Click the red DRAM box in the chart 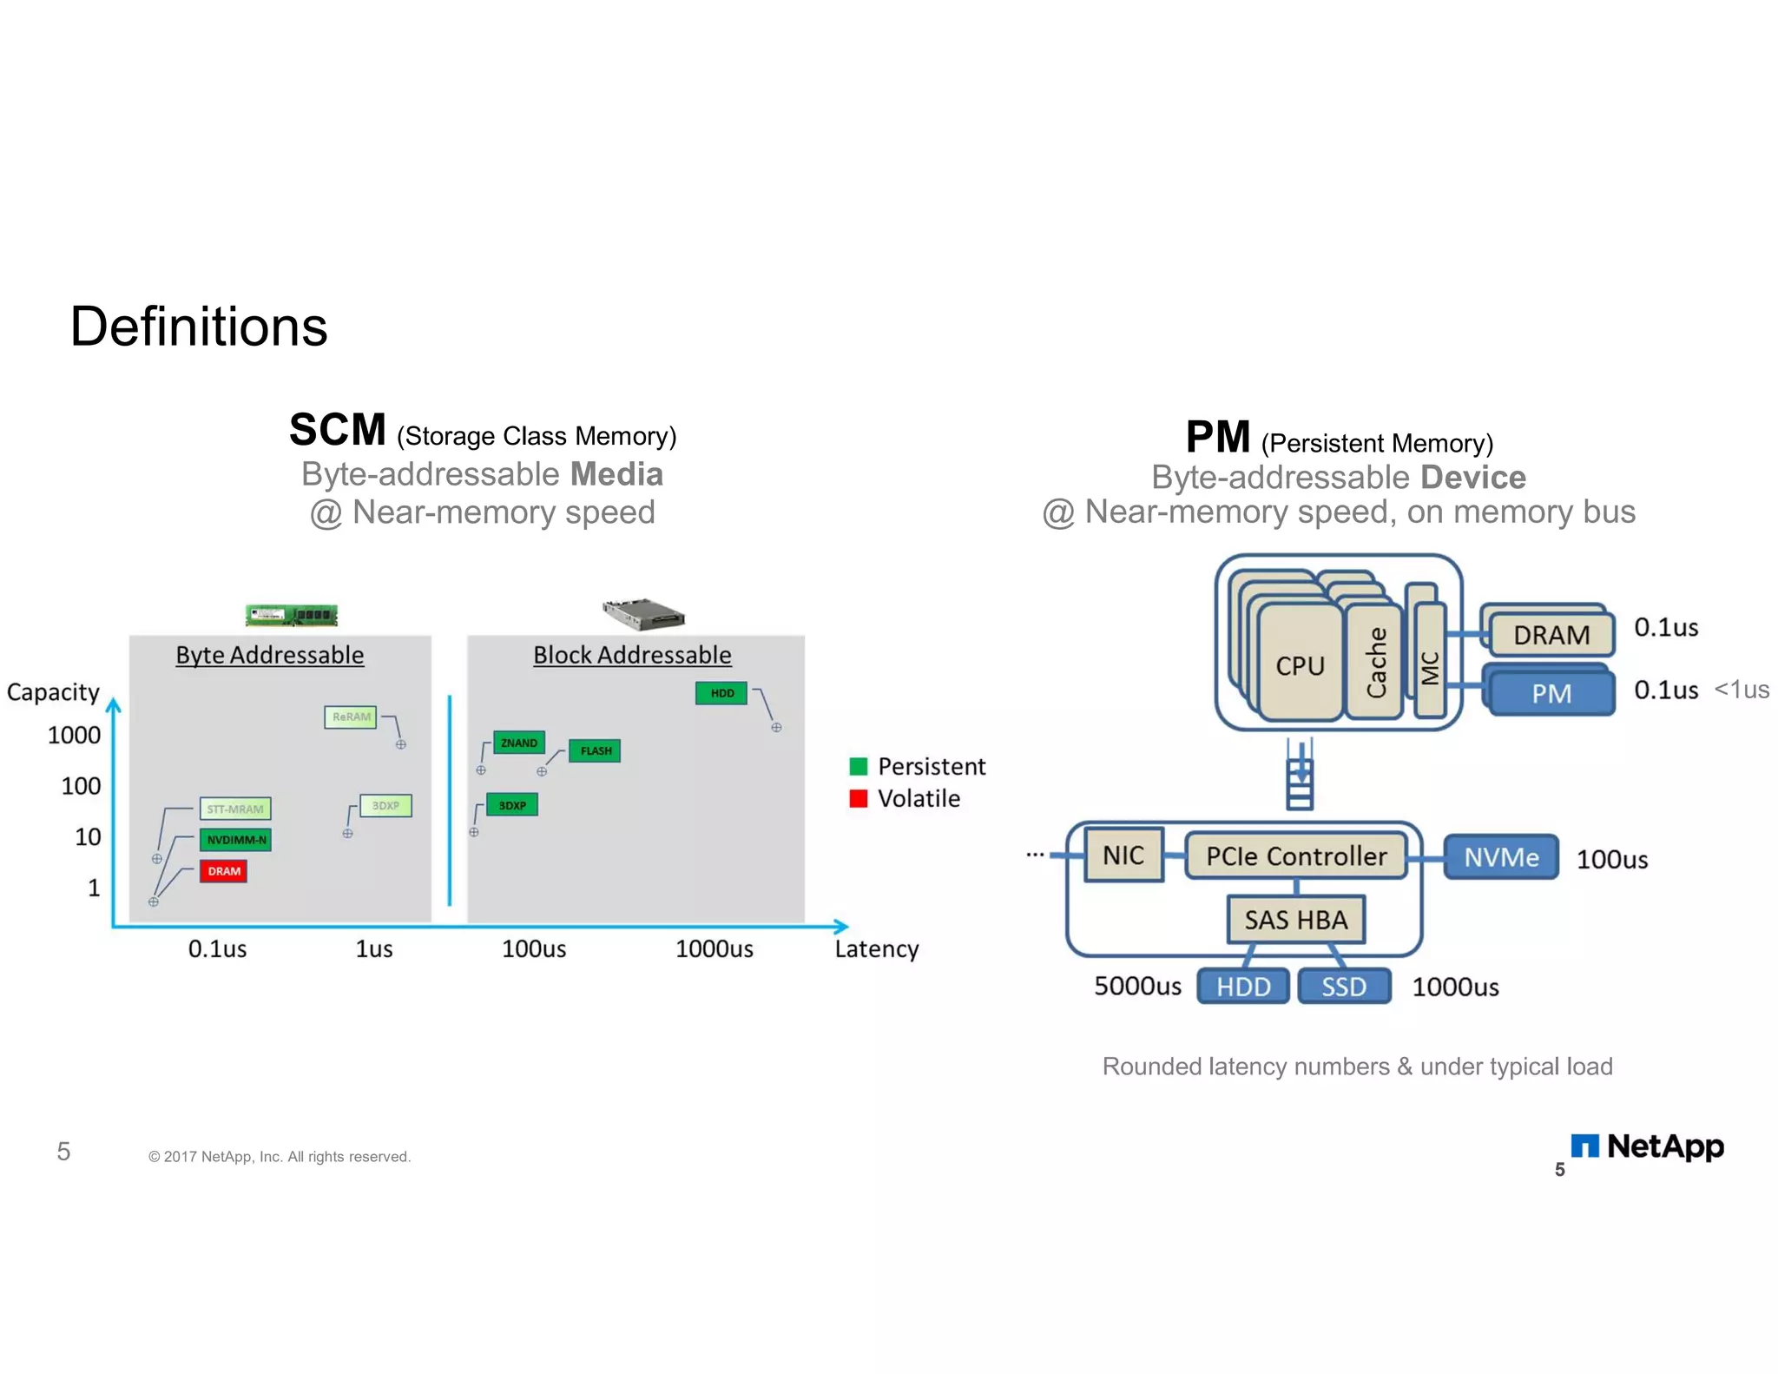tap(224, 871)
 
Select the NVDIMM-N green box tap(235, 840)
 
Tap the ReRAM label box tap(351, 717)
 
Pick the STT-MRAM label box tap(235, 809)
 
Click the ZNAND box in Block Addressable tap(519, 743)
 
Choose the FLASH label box tap(596, 750)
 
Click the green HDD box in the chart tap(721, 693)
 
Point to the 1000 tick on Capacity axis tap(74, 736)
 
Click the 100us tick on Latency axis tap(534, 948)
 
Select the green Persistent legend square tap(859, 766)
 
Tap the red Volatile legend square tap(859, 798)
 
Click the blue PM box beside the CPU tap(1551, 693)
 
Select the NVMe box tap(1501, 857)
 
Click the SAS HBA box tap(1296, 920)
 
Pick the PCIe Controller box tap(1296, 856)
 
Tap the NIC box tap(1123, 855)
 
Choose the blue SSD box tap(1344, 987)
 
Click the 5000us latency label tap(1137, 986)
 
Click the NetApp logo tap(1648, 1146)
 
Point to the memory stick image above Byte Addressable tap(292, 615)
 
